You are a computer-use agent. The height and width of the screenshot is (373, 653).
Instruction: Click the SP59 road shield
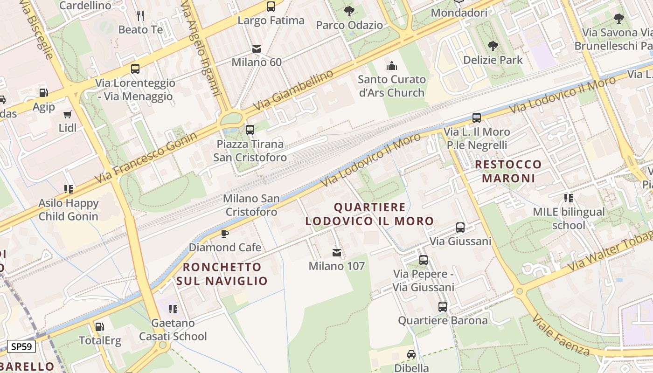(x=22, y=347)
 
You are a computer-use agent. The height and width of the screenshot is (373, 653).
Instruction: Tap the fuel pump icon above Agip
(x=43, y=93)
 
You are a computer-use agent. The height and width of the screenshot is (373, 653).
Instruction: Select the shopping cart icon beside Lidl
(x=68, y=114)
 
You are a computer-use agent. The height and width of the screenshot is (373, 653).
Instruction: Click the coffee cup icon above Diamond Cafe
(x=225, y=233)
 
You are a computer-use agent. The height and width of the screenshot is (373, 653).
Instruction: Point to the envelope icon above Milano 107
(x=337, y=253)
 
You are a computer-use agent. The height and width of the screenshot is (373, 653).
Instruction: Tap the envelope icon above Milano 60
(x=257, y=48)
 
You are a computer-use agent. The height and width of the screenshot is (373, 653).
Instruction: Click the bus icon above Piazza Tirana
(x=250, y=130)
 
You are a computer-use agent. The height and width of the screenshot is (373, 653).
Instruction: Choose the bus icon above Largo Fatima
(x=271, y=7)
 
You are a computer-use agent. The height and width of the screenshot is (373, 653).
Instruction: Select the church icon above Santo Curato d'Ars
(x=392, y=66)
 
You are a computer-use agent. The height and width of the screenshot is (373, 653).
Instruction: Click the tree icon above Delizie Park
(x=493, y=46)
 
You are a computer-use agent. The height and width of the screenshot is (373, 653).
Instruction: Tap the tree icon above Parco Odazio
(x=349, y=11)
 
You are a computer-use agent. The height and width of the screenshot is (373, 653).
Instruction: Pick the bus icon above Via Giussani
(x=460, y=228)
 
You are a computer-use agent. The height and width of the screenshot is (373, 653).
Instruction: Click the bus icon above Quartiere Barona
(x=442, y=307)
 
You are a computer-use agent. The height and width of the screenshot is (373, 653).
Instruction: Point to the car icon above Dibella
(x=411, y=354)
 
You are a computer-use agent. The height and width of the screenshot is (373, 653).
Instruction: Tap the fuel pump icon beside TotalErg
(x=99, y=327)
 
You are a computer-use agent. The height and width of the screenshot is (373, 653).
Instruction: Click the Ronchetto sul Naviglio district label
(x=222, y=274)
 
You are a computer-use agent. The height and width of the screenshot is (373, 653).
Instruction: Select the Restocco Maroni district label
(x=508, y=171)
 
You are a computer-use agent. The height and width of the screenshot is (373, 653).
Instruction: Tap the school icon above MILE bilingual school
(x=568, y=198)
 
